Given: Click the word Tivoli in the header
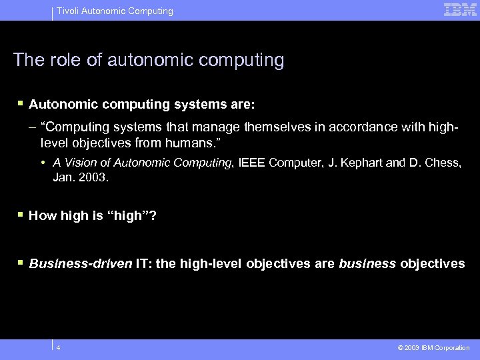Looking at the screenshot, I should tap(67, 11).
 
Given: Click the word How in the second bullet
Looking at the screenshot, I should tap(41, 215).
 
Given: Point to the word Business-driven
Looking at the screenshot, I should tap(81, 263).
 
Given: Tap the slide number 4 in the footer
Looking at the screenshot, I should tap(59, 347).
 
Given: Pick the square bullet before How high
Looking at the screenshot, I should tap(21, 215).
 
